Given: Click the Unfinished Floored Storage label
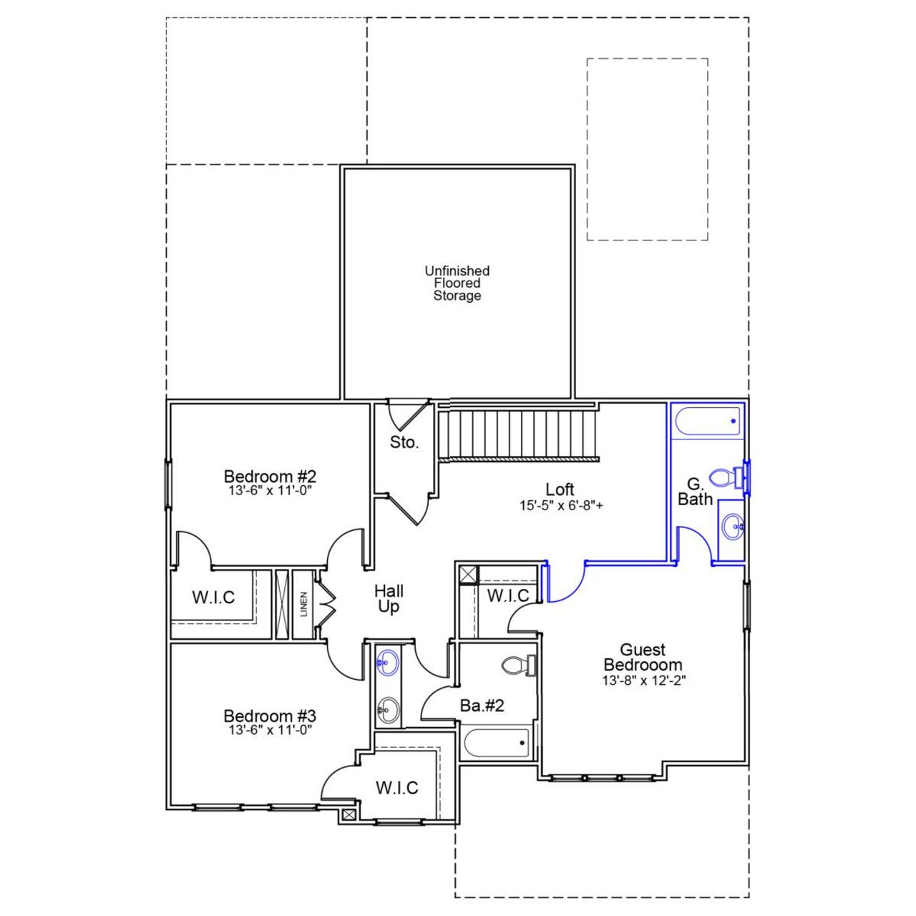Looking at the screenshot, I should coord(457,283).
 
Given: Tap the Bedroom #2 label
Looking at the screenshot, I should coord(270,477).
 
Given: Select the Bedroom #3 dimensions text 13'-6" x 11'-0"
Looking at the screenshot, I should coord(270,730).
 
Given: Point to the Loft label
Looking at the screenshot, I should coord(560,489).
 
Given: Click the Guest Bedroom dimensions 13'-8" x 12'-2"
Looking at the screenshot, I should coord(643,681).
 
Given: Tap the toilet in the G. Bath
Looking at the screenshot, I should coord(724,477).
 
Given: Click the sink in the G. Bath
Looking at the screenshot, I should coord(732,528).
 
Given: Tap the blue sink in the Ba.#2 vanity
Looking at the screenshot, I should coord(387,662).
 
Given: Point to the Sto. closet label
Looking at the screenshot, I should coord(404,443).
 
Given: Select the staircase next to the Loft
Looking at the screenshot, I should coord(519,434).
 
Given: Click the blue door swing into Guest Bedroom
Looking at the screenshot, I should coord(565,583).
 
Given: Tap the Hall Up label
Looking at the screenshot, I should coord(389,599).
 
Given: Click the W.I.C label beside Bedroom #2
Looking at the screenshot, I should coord(213,598).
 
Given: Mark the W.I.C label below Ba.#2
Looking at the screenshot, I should coord(397,789).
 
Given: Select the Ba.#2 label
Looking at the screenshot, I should coord(482,706).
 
